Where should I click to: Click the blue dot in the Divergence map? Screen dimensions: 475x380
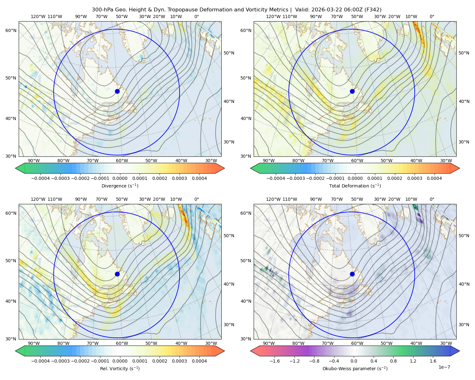[117, 91]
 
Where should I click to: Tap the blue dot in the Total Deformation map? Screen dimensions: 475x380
[352, 91]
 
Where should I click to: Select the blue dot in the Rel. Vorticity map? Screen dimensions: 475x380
[117, 274]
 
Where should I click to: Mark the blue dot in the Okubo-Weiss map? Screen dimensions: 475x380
[352, 274]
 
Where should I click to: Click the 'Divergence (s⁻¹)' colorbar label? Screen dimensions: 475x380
[120, 186]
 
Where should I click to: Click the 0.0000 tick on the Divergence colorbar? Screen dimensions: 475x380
[120, 178]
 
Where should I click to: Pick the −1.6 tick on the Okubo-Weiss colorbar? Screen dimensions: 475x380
[275, 361]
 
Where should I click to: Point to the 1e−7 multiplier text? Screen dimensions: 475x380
[444, 367]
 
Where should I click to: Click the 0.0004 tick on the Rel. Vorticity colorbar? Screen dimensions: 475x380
[199, 361]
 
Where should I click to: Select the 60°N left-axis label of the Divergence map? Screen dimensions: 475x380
[11, 30]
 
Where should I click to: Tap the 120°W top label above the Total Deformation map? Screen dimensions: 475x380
[273, 16]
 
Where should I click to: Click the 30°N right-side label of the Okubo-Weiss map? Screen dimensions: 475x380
[464, 325]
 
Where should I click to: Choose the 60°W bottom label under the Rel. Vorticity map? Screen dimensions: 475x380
[122, 343]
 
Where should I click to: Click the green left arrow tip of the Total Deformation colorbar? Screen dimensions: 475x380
[251, 168]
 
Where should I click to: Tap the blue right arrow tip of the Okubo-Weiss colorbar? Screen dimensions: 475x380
[459, 351]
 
